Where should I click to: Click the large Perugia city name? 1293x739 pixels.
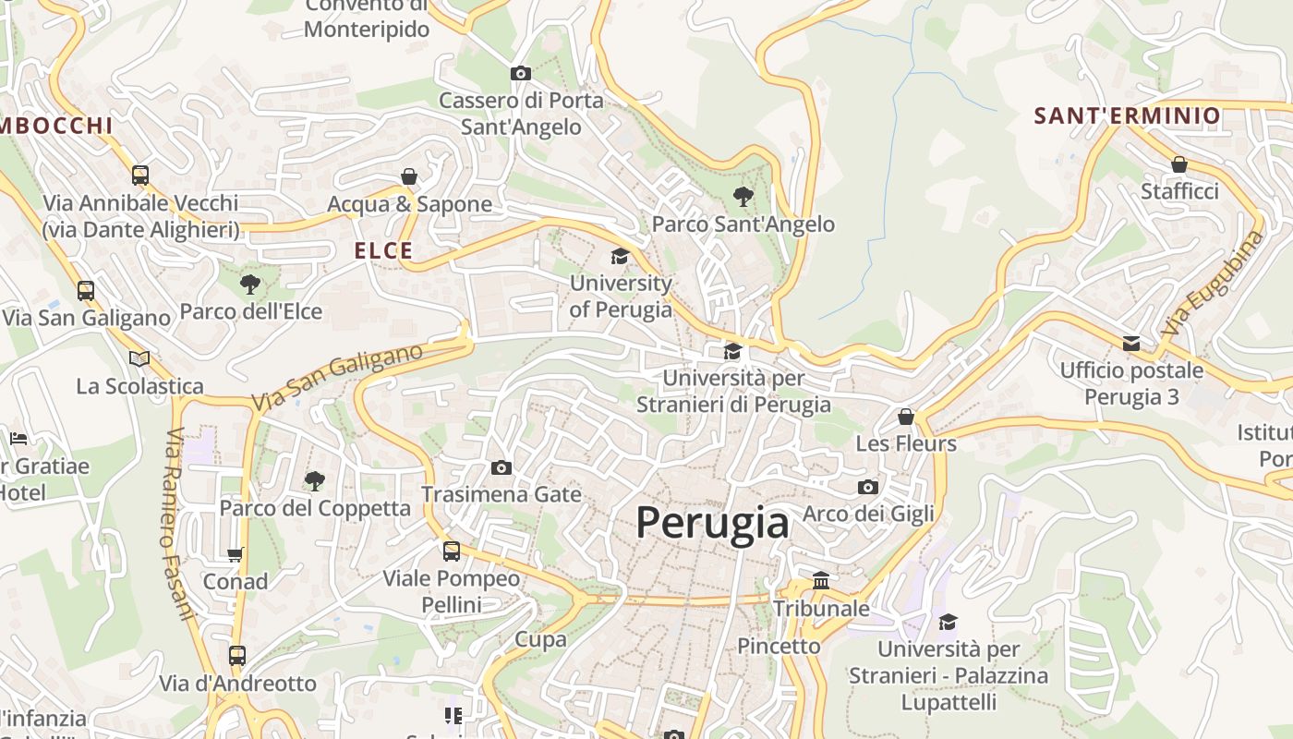(712, 523)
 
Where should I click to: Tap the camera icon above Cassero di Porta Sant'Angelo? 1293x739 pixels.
(521, 73)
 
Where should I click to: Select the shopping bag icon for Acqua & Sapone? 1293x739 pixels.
(409, 176)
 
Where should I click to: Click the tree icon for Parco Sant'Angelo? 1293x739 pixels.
(743, 196)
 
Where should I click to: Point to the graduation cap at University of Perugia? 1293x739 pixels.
(620, 256)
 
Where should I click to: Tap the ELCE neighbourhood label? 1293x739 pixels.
(384, 250)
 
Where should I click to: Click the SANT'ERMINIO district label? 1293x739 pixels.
(1127, 115)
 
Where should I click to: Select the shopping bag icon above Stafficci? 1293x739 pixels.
(1179, 164)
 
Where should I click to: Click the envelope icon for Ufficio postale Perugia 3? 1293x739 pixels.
(1131, 344)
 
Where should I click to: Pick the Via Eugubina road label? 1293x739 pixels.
(1213, 283)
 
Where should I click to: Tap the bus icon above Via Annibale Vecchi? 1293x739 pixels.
(140, 175)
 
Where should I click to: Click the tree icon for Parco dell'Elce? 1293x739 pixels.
(249, 284)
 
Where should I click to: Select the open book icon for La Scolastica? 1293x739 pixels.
(139, 358)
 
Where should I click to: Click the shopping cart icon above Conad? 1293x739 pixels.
(236, 554)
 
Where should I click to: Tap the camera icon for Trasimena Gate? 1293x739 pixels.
(501, 467)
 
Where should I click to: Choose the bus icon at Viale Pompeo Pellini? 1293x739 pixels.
(452, 551)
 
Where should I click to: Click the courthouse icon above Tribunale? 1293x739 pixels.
(821, 581)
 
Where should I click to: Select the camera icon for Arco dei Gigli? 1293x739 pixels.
(868, 487)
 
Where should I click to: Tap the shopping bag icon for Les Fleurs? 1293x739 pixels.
(906, 417)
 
